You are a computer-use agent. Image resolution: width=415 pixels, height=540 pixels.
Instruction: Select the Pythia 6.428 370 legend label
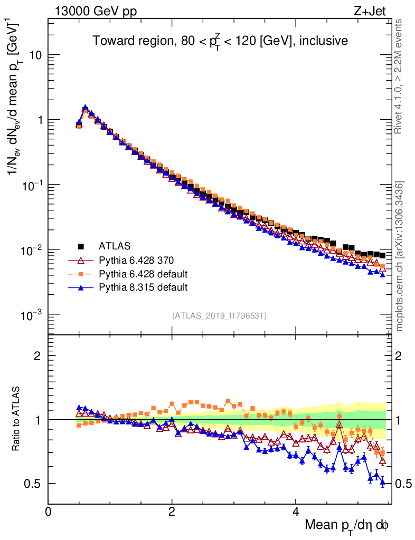pos(136,260)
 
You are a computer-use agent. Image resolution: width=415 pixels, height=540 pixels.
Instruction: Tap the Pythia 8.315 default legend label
pos(143,287)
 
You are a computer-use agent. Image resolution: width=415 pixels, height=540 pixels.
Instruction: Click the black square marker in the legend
pos(81,246)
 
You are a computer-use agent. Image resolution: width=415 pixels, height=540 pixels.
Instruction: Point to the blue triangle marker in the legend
pos(81,287)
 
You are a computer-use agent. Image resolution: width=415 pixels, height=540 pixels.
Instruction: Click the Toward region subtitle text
pos(220,41)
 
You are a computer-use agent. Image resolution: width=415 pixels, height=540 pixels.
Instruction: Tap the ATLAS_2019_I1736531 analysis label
pos(219,316)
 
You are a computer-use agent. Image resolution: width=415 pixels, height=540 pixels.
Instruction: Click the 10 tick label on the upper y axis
pos(35,55)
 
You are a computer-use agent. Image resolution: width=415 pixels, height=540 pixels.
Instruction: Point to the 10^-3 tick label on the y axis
pos(32,315)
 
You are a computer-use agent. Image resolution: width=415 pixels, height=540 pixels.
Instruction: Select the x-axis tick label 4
pos(296,512)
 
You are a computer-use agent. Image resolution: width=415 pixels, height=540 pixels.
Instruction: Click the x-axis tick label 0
pos(49,512)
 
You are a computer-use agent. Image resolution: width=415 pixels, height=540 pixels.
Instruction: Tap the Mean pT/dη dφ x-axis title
pos(347,526)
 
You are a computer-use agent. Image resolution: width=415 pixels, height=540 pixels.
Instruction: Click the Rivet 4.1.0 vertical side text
pos(400,76)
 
